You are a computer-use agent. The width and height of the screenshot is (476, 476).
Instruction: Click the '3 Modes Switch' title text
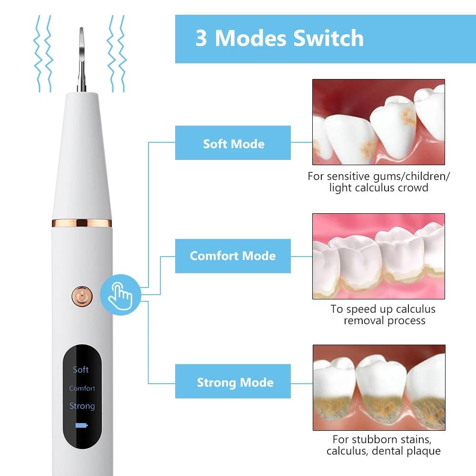279,39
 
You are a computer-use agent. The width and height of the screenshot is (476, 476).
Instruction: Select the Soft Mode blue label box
233,143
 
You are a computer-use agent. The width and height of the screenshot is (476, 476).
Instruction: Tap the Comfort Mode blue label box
233,256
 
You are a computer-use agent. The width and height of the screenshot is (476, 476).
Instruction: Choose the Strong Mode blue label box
233,382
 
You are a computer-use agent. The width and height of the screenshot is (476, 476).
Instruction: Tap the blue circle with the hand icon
120,295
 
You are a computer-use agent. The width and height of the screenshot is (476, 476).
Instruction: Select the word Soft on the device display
81,369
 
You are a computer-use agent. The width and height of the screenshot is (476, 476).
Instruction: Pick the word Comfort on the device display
82,388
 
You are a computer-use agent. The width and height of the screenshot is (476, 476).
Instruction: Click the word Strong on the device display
82,406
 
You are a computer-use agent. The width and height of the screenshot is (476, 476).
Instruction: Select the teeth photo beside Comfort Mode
378,256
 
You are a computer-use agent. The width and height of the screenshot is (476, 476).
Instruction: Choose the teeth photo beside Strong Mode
378,387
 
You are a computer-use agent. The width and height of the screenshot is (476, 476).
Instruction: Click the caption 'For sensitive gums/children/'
378,176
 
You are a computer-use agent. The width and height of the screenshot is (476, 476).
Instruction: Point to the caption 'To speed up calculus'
383,309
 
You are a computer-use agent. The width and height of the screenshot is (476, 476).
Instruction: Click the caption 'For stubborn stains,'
383,439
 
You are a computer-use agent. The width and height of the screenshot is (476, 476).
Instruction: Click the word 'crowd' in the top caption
411,188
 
